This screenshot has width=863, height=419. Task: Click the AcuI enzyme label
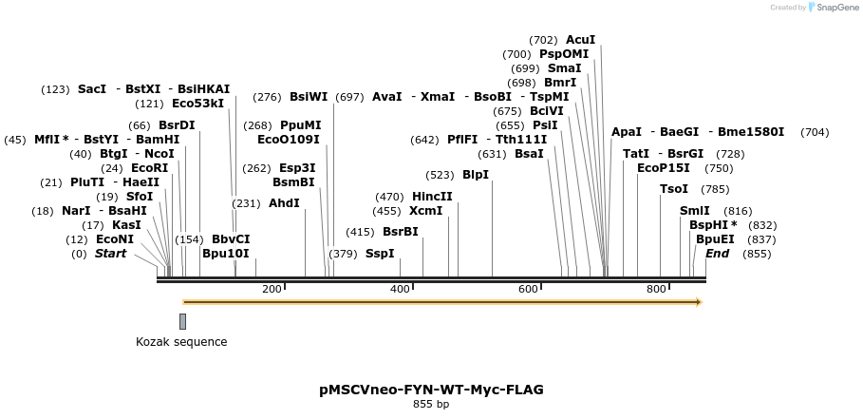click(x=580, y=40)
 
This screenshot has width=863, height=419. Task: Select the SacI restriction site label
click(x=92, y=89)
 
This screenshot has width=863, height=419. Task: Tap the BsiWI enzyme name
click(x=309, y=97)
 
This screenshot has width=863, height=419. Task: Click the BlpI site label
click(x=476, y=175)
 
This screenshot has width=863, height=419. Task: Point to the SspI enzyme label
click(x=380, y=254)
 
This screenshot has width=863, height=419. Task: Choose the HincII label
click(x=432, y=197)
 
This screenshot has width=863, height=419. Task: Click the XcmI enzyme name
click(x=425, y=211)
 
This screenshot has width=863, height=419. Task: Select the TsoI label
click(x=674, y=189)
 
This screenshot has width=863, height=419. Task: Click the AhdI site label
click(x=284, y=203)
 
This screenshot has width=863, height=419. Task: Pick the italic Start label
click(x=110, y=254)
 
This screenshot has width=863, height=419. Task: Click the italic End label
click(x=718, y=254)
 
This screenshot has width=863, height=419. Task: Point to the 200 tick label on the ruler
click(x=272, y=289)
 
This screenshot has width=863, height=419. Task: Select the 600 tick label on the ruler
click(x=528, y=289)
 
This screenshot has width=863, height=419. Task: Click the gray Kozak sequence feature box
click(x=182, y=321)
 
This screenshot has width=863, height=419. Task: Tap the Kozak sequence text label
click(x=181, y=342)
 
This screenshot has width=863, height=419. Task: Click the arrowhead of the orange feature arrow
click(x=698, y=302)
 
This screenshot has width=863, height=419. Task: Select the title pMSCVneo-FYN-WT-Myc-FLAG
click(x=431, y=390)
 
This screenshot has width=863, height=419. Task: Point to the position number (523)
click(x=440, y=175)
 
